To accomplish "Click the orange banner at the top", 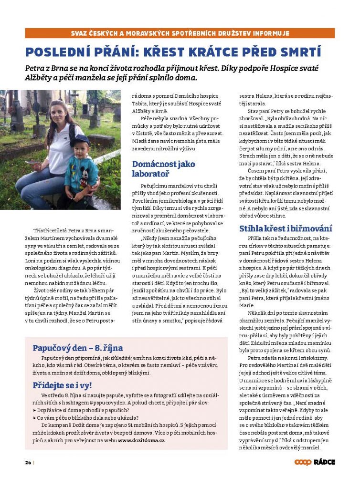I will tap(180, 33).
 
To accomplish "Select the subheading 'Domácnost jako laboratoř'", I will tap(163, 169).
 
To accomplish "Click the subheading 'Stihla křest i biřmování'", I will tap(286, 228).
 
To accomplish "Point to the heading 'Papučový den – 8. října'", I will tap(77, 348).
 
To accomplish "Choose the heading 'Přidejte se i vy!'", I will tap(62, 385).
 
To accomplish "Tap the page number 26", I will tap(28, 462).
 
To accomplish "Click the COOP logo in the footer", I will tap(303, 462).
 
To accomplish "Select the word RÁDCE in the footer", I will tap(324, 462).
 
